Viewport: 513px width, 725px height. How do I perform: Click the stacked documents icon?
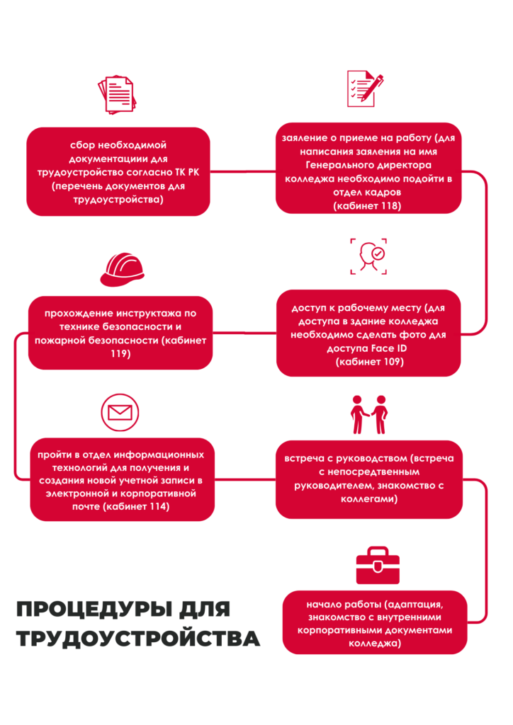pos(115,95)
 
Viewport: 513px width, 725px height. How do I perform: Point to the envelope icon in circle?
pos(120,412)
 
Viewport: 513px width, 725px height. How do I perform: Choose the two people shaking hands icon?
pos(369,414)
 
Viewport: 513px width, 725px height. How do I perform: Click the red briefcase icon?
pos(377,565)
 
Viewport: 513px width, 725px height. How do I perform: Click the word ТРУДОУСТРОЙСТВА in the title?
pos(137,638)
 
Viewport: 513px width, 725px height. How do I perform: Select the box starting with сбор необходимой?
pos(118,171)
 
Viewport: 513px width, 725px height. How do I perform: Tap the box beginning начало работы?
pos(375,622)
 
